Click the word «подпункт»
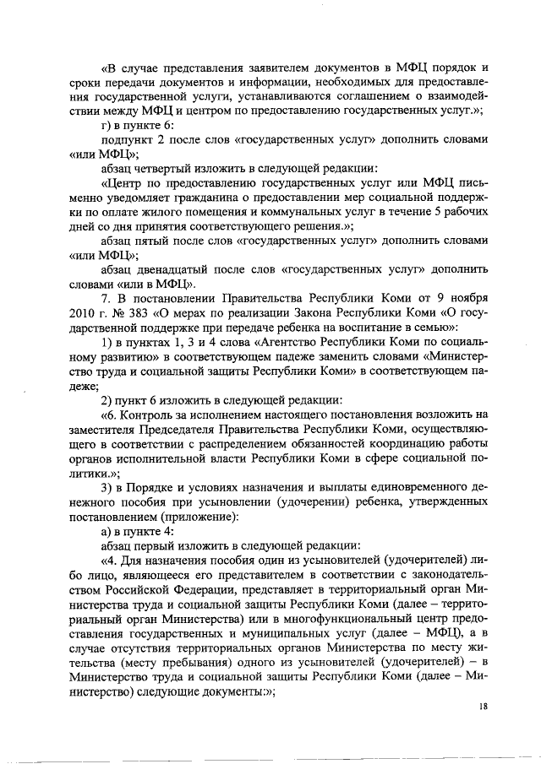coord(128,138)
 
